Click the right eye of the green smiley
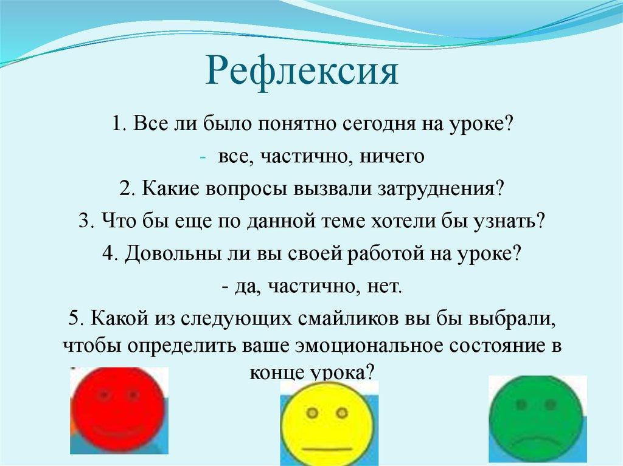point(551,404)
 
